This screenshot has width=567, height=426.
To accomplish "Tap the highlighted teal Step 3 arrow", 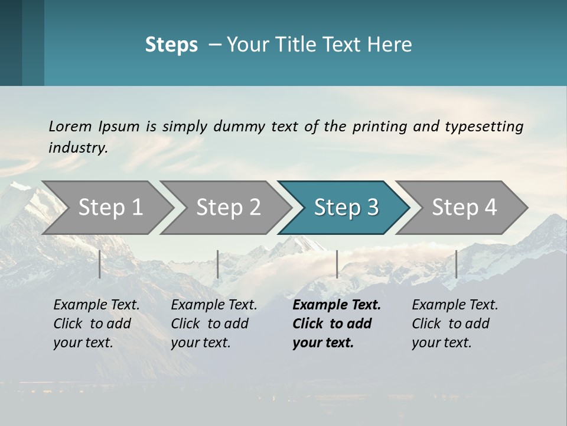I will coord(346,208).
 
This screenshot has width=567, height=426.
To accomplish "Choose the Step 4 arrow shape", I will coord(464,208).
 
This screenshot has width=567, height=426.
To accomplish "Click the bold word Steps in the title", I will coord(171,45).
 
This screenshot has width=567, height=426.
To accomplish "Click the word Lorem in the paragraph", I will coord(70,126).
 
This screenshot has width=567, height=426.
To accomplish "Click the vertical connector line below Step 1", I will coord(100,264).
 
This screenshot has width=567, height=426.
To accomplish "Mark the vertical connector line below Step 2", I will coord(218,264).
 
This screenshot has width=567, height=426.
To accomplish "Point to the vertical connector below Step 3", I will coord(337,264).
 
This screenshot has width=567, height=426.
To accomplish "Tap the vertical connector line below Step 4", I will coord(456,264).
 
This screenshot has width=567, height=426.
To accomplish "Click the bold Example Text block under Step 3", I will coord(337,324).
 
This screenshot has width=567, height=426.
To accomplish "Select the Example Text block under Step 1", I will coord(96,324).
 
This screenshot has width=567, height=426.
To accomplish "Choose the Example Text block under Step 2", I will coord(214,324).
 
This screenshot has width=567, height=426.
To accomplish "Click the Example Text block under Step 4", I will coord(455,324).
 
